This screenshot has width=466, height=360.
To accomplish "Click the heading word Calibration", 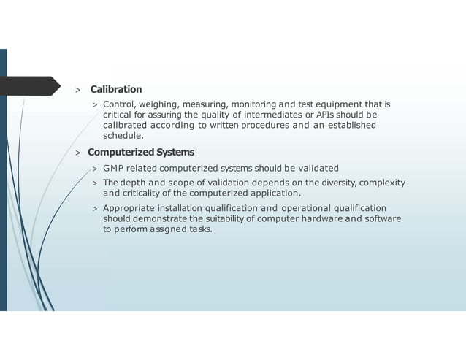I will tap(115, 89).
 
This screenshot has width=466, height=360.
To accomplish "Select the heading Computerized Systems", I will tap(141, 152).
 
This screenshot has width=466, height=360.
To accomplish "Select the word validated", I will tap(316, 169).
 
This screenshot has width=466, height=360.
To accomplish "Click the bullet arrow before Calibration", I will tap(77, 90).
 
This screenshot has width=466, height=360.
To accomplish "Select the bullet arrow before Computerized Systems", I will tap(77, 153).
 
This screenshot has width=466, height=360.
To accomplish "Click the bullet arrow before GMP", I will tap(95, 169).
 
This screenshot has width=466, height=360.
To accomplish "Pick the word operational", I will tap(301, 208).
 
